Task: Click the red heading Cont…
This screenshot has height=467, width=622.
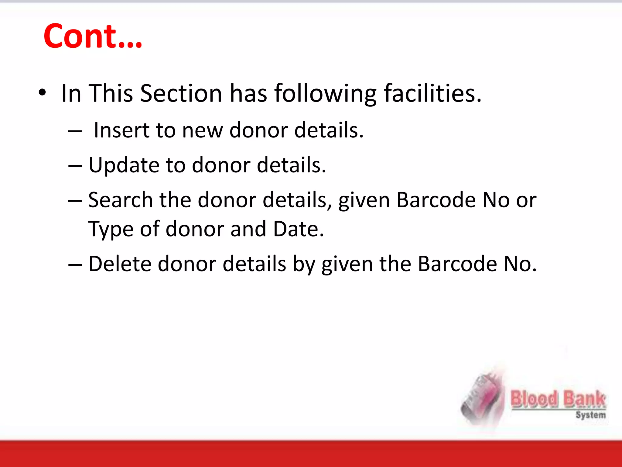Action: point(93,36)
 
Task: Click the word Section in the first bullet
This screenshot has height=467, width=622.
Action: point(181,93)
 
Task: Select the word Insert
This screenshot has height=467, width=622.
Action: point(121,130)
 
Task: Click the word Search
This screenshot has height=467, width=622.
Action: point(120,200)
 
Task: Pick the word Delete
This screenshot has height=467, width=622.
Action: point(119,264)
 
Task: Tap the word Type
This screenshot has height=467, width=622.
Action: point(111,229)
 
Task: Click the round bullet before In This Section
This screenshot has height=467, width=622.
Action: point(42,92)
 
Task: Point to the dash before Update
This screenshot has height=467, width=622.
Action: point(75,166)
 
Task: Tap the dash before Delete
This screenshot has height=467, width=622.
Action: point(75,265)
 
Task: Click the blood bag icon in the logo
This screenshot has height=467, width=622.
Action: point(481,399)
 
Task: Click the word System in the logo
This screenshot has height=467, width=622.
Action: point(590,415)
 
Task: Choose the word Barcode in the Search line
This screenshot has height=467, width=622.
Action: point(436,200)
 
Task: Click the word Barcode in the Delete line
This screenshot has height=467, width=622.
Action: point(457,264)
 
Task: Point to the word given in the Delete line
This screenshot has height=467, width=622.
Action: point(347,264)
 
